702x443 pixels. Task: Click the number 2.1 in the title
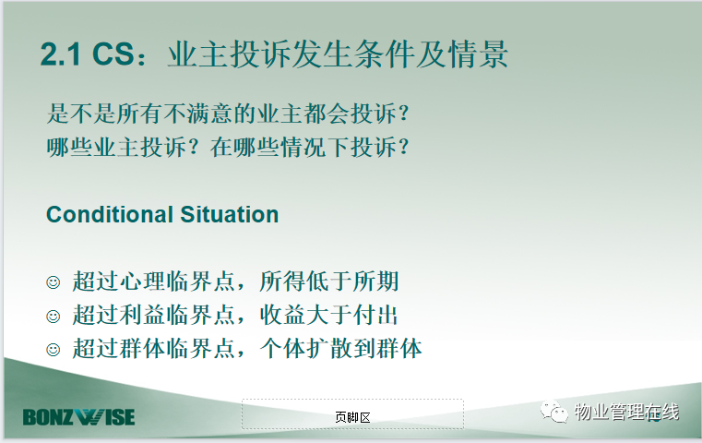[61, 54]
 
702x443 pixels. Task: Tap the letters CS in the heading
[113, 54]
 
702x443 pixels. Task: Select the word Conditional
[110, 214]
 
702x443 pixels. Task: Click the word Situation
[229, 214]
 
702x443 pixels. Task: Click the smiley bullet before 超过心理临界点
[54, 282]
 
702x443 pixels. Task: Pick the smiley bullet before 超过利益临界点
[54, 317]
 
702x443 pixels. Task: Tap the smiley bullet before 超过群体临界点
[54, 350]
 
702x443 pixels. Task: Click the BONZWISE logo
[78, 417]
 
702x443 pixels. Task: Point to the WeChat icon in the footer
[553, 412]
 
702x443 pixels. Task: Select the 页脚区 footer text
[352, 417]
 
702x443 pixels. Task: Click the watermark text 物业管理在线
[626, 412]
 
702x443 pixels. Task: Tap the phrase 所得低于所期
[329, 281]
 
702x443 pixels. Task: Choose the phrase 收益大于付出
[328, 316]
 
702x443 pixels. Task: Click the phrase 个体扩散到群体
[340, 349]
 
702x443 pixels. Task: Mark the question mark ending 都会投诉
[403, 114]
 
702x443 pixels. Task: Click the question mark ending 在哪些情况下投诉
[403, 147]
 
